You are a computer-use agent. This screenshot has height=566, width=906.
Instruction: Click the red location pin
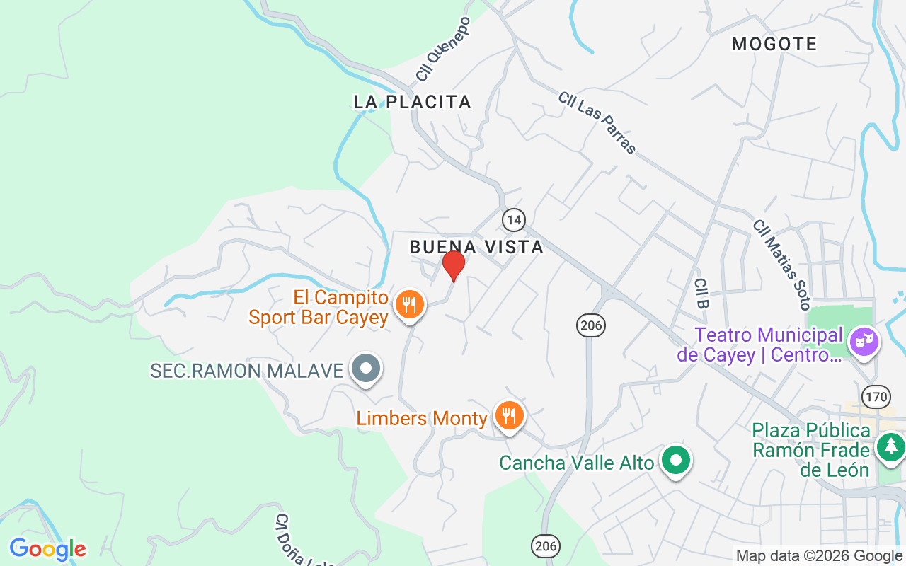pos(454,265)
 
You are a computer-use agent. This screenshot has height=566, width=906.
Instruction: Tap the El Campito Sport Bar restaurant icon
pos(409,305)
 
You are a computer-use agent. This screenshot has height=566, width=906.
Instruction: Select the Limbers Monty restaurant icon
pos(509,415)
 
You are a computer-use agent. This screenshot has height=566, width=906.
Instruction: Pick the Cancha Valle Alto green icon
pos(676,461)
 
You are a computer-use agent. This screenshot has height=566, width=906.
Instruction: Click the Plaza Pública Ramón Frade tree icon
pos(890,446)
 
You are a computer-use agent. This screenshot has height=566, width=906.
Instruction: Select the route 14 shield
pos(514,220)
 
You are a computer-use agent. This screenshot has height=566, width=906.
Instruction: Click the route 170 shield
pos(877,396)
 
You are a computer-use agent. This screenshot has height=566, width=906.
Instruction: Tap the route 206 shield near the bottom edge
pos(546,545)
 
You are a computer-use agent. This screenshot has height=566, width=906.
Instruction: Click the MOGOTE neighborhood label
pos(774,44)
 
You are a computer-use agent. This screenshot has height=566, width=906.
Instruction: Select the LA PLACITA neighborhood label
pos(412,102)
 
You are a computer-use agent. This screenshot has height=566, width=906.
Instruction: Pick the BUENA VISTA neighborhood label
pos(476,247)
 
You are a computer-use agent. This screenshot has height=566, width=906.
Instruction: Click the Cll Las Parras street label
pos(597,122)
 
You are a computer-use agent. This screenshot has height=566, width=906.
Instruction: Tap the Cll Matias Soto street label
pos(781,265)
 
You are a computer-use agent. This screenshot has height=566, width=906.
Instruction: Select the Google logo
pos(47,549)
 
